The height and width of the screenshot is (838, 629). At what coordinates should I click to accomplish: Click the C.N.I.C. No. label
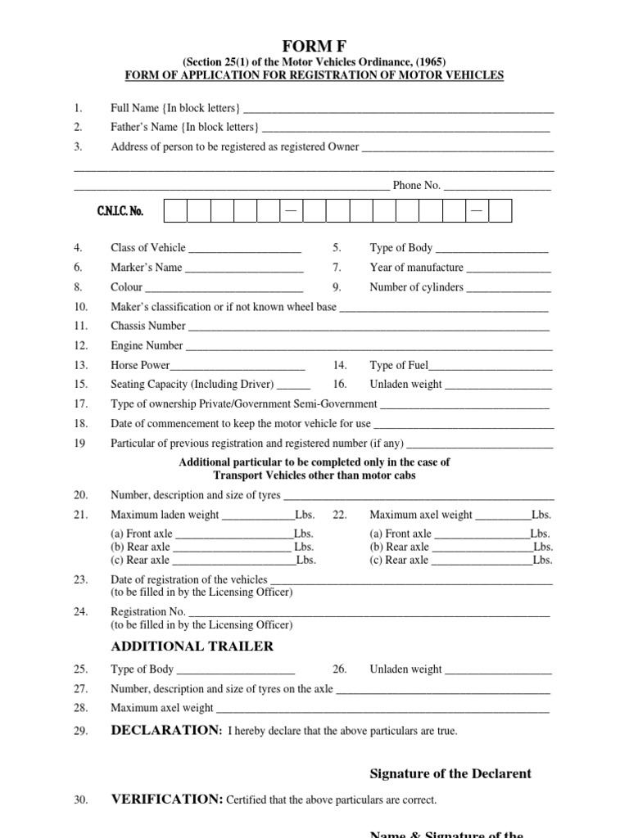pyautogui.click(x=120, y=211)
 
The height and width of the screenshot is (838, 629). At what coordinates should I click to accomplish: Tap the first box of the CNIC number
pyautogui.click(x=175, y=211)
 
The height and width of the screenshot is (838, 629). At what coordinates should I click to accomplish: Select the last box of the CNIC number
pyautogui.click(x=500, y=211)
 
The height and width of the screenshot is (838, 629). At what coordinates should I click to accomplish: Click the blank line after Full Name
pyautogui.click(x=398, y=109)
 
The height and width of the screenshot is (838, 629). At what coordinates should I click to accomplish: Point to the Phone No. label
pyautogui.click(x=417, y=186)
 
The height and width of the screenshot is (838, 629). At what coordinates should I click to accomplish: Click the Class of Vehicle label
pyautogui.click(x=148, y=248)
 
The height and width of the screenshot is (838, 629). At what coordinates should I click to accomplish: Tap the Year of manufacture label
pyautogui.click(x=416, y=268)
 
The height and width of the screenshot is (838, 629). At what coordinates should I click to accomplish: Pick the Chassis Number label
pyautogui.click(x=148, y=327)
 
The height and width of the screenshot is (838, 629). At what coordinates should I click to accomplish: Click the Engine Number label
pyautogui.click(x=147, y=346)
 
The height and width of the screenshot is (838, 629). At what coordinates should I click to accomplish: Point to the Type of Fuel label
pyautogui.click(x=399, y=366)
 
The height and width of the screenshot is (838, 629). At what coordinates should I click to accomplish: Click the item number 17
pyautogui.click(x=80, y=404)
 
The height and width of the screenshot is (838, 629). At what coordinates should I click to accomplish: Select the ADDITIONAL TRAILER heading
pyautogui.click(x=192, y=647)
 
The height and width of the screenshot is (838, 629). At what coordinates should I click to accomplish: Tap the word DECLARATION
pyautogui.click(x=166, y=730)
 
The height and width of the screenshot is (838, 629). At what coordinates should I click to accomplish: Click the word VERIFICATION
pyautogui.click(x=167, y=800)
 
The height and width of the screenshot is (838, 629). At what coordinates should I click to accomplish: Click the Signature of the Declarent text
pyautogui.click(x=450, y=773)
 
